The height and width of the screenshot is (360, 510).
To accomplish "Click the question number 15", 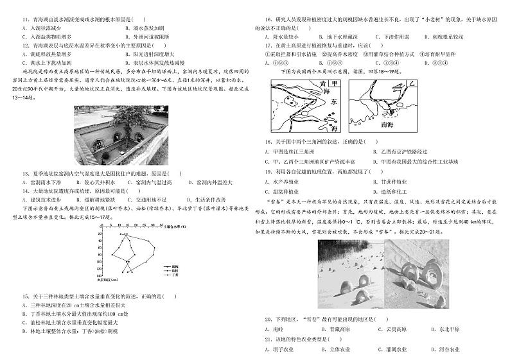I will coord(25,296).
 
